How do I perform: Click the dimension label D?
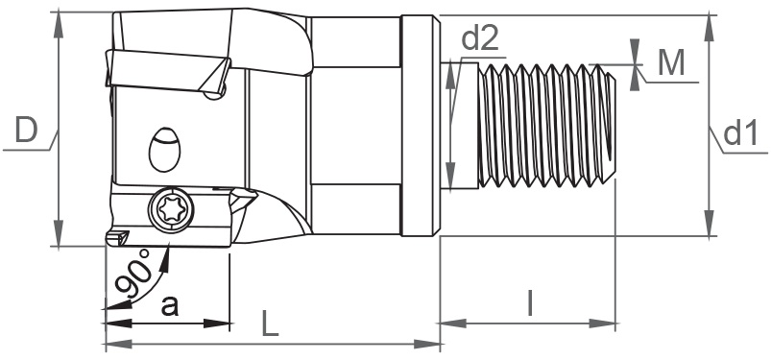pos(26,130)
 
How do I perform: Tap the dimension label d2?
pos(480,38)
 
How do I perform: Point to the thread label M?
pos(671,63)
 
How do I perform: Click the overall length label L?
pos(270,324)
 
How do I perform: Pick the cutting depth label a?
pos(170,306)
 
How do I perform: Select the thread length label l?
pos(530,303)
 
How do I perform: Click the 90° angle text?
pos(133,273)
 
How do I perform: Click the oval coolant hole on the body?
pos(164,150)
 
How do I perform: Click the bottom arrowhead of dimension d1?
pos(709,223)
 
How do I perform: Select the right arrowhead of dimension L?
pos(427,344)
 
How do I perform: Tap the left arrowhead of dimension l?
pos(452,324)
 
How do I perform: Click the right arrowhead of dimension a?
pos(217,324)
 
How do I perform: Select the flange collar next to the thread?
pos(421,126)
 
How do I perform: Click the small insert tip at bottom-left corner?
pos(118,237)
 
